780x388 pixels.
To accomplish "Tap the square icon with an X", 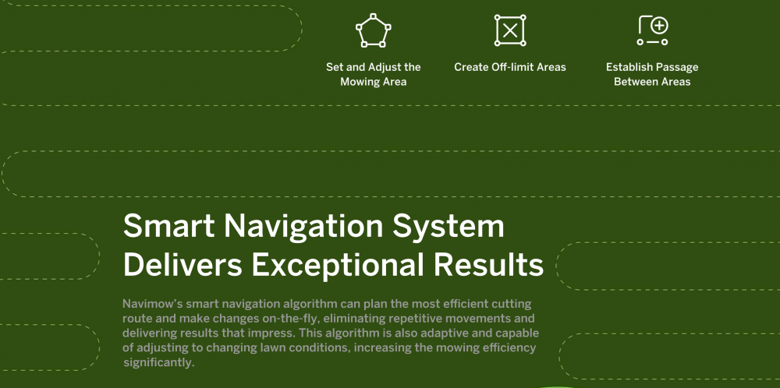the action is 510,30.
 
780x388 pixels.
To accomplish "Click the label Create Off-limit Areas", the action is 510,67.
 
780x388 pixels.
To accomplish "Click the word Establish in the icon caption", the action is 627,67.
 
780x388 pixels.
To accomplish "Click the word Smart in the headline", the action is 168,226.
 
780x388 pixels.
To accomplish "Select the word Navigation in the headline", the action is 303,227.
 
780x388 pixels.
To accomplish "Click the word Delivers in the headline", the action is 183,265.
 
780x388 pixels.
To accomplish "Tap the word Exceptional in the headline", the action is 338,266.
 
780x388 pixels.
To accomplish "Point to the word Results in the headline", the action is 488,265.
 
